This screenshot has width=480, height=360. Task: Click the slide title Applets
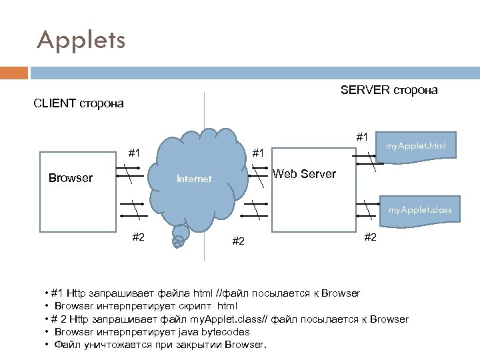click(x=81, y=40)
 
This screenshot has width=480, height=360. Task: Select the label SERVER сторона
click(x=389, y=90)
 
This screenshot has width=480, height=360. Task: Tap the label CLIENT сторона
click(x=79, y=103)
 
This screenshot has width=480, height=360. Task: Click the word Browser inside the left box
click(x=71, y=178)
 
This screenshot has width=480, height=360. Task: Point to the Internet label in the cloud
click(x=193, y=179)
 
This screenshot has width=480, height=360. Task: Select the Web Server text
click(x=305, y=174)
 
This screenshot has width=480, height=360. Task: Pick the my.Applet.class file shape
click(x=421, y=210)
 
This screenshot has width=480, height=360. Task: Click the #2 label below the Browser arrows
click(x=139, y=236)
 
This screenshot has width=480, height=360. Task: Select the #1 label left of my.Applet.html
click(x=362, y=137)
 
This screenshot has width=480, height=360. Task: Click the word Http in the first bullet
click(x=78, y=293)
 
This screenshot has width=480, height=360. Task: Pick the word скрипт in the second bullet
click(x=199, y=305)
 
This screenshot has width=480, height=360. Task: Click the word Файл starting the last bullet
click(x=67, y=345)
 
